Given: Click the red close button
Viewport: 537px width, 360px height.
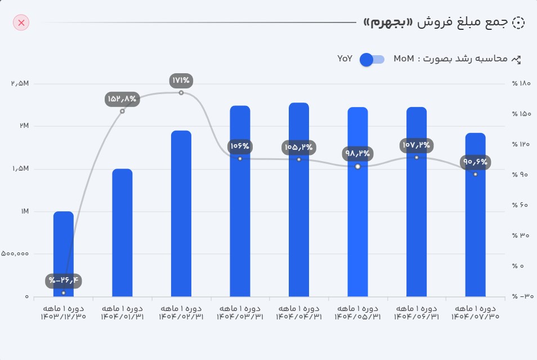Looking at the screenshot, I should point(21,23).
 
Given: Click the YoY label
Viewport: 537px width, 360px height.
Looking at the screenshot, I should point(344,59).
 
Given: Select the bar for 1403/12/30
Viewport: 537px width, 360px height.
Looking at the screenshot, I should point(64,254).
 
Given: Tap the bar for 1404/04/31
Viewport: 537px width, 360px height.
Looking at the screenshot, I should point(299,199).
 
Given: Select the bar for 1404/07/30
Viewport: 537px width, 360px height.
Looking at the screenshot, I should point(475,214).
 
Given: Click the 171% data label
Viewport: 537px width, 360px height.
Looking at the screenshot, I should point(181,81).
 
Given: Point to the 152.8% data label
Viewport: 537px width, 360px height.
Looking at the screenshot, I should point(122,99).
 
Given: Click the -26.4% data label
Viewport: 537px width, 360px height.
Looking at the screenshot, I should point(64,280).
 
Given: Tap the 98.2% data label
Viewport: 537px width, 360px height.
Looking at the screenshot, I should point(357,153).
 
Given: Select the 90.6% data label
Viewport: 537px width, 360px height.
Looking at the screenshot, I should point(475,162).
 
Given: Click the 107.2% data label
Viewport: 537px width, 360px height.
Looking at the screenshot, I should point(417,145).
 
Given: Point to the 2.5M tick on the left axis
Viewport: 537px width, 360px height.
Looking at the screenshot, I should point(20,83).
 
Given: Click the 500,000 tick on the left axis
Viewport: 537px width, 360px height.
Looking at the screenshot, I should point(15,254).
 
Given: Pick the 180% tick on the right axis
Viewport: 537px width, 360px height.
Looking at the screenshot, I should point(521,83).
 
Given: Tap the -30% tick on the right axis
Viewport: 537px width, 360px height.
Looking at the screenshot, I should point(521,296).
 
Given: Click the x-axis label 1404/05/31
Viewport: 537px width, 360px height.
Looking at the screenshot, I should point(357,313).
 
